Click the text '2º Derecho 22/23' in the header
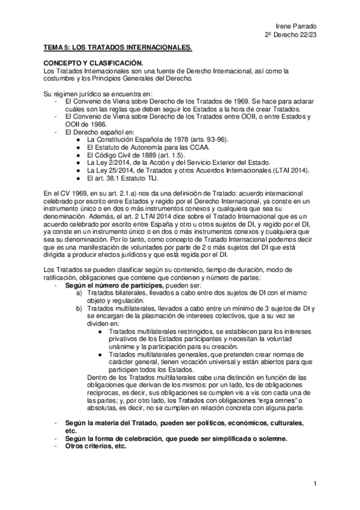(290, 35)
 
